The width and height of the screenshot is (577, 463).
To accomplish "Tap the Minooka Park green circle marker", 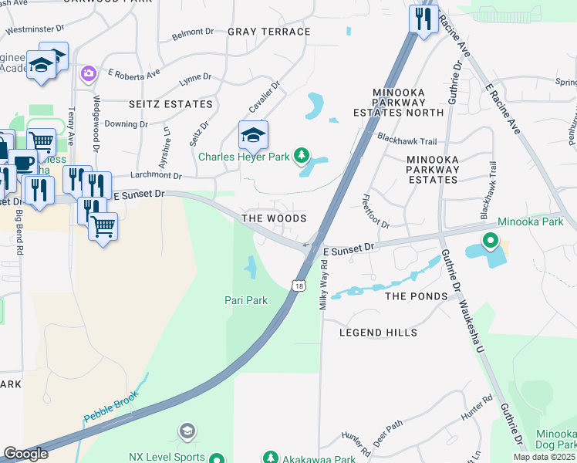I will click(489, 242).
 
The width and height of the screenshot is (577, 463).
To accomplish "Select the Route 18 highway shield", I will click(299, 286).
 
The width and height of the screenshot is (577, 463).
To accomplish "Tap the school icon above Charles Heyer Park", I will click(253, 135).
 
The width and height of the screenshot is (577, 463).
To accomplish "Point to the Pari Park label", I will click(246, 300).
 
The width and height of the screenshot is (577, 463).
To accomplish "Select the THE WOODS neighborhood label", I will click(274, 219).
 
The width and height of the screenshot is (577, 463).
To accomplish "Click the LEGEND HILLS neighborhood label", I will click(378, 333).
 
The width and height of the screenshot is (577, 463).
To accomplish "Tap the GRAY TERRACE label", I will click(269, 32).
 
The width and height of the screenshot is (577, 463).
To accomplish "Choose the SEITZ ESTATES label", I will click(171, 104).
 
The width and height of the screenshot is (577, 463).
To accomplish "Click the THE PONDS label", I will click(416, 296).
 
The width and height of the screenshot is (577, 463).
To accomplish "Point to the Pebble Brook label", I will click(110, 407).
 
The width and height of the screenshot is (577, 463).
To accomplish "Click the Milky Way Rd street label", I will click(325, 282).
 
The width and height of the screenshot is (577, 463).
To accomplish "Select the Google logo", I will click(26, 454).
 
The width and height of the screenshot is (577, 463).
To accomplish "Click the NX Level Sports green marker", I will click(217, 458).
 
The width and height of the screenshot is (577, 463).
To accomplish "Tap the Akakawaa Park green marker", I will click(270, 458).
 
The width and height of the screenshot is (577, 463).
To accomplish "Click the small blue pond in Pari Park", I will click(251, 268).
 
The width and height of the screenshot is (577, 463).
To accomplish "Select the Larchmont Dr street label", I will click(157, 176).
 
